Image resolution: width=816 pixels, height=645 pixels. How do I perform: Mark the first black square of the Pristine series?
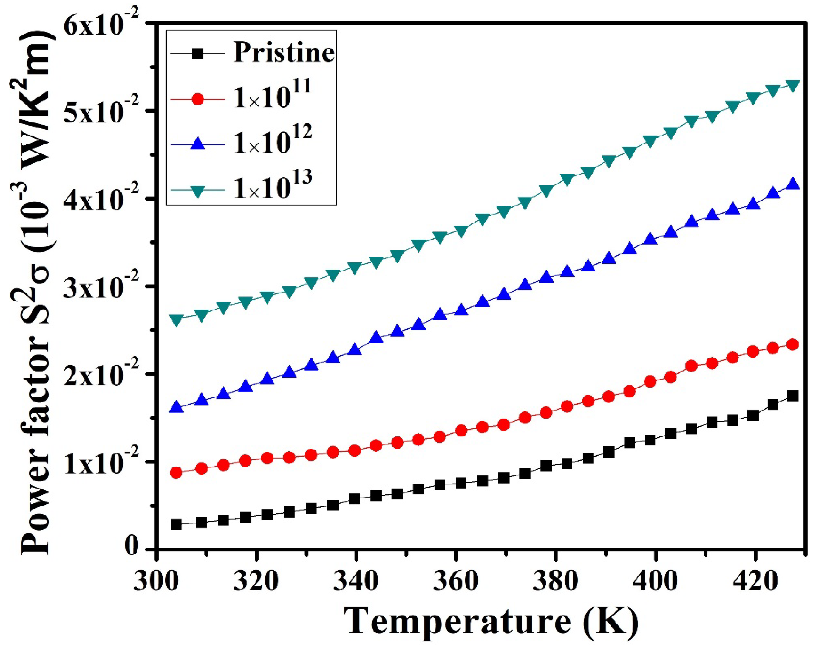pos(176,525)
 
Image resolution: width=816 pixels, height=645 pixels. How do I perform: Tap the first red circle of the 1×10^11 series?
pos(176,473)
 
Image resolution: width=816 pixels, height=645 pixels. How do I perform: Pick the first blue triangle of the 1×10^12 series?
pos(176,408)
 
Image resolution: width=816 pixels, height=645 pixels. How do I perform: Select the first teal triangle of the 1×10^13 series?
pos(176,319)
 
